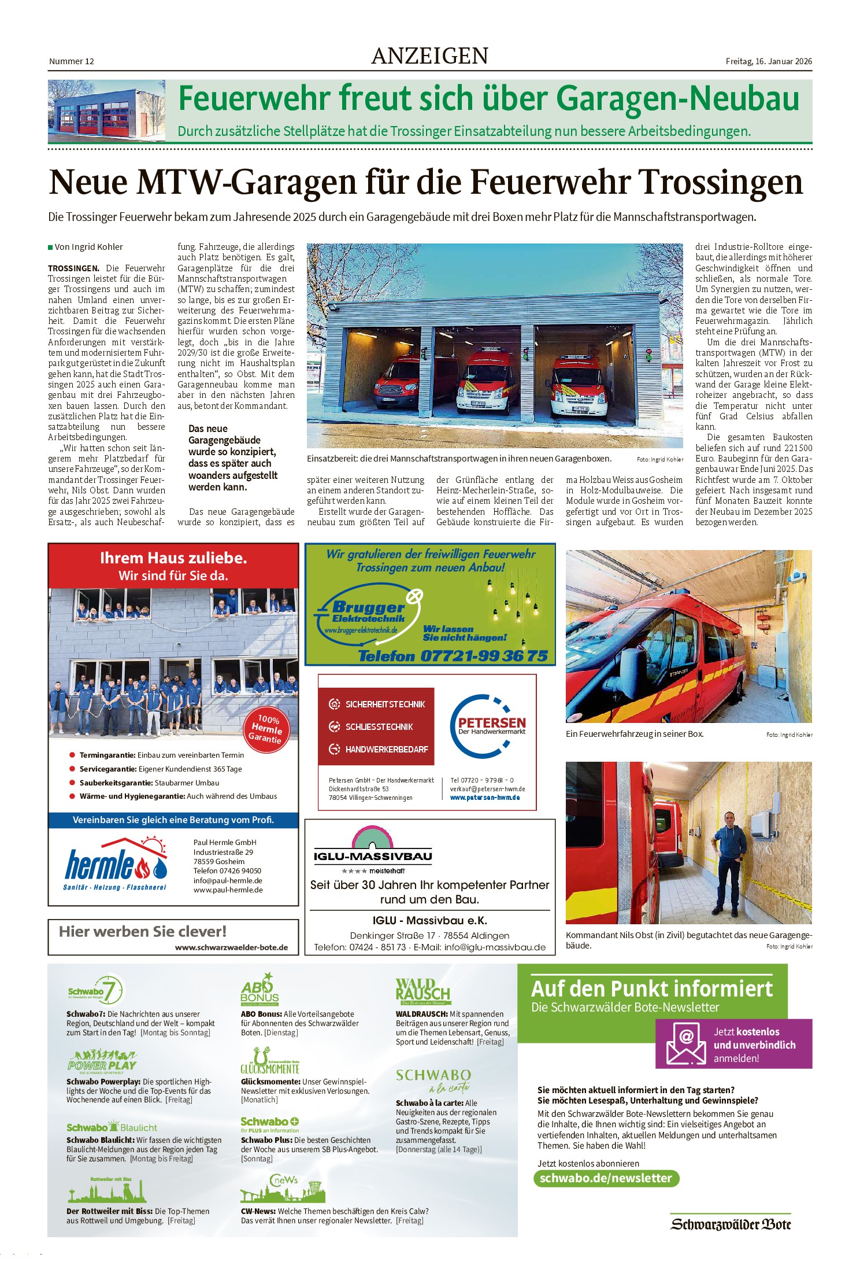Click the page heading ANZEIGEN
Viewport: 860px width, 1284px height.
pyautogui.click(x=429, y=56)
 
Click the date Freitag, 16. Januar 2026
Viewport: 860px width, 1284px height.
pyautogui.click(x=769, y=61)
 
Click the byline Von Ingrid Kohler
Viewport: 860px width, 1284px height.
pyautogui.click(x=88, y=247)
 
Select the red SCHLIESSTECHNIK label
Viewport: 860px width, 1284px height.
pyautogui.click(x=379, y=727)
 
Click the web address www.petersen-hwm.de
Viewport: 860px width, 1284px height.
pyautogui.click(x=484, y=798)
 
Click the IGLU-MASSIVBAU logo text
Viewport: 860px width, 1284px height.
pyautogui.click(x=373, y=856)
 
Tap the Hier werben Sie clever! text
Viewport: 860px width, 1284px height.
pyautogui.click(x=143, y=932)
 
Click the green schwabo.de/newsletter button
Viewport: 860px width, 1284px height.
pyautogui.click(x=606, y=1178)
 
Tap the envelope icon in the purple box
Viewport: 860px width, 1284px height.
pyautogui.click(x=685, y=1044)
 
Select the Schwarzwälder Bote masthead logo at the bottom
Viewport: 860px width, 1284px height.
pyautogui.click(x=731, y=1224)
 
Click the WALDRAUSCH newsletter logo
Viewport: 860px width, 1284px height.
pyautogui.click(x=423, y=991)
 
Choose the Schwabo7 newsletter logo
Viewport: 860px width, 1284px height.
pyautogui.click(x=96, y=991)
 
